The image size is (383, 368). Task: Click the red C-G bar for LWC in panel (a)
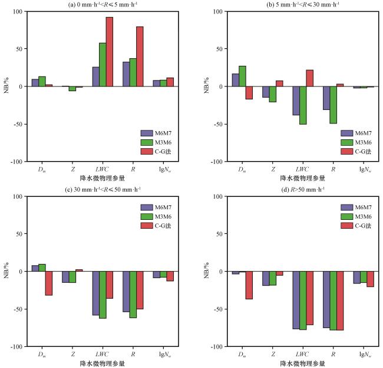coord(109,52)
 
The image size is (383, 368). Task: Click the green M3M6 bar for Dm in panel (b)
coord(242,76)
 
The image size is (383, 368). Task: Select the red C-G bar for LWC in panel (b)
coord(309,78)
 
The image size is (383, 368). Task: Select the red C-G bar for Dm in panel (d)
coord(249,285)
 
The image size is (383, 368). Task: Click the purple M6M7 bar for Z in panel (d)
coord(266,279)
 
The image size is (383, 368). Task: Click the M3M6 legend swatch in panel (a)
coord(147,142)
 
